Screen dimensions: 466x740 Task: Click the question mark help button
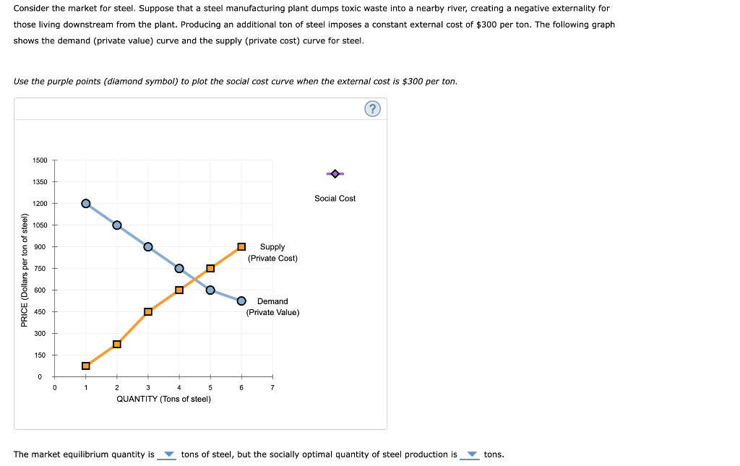coord(371,109)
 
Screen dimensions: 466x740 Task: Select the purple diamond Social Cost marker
coord(335,173)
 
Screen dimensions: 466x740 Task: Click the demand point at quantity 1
coord(86,203)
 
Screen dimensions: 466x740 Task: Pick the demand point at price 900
coord(148,246)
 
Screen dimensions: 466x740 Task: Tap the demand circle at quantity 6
coord(241,301)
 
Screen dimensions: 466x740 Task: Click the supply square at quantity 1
coord(86,366)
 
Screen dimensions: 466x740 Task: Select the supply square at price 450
coord(148,311)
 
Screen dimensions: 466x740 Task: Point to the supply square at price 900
coord(241,246)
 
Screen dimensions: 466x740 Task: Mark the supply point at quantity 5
coord(210,268)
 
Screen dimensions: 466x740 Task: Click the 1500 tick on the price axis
coord(40,160)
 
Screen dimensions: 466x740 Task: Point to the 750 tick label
coord(40,268)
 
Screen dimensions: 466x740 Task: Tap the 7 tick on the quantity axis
coord(272,388)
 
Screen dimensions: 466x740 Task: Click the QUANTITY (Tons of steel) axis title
coord(164,399)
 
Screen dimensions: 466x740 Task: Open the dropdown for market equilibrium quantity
coord(168,455)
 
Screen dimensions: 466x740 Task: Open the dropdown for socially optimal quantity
coord(471,455)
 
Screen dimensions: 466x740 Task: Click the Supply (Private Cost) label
coord(272,252)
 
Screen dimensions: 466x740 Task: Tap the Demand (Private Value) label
coord(272,307)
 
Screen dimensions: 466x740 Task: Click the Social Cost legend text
coord(335,198)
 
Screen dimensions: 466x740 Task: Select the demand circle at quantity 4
coord(179,268)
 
